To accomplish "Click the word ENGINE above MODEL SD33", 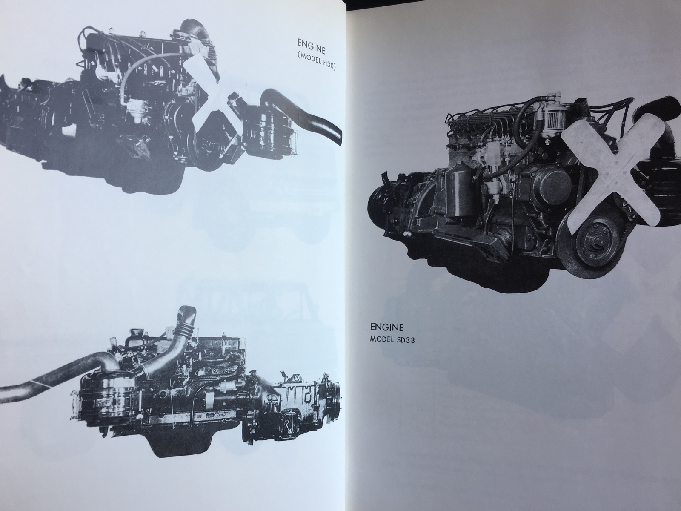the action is (386, 327).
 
